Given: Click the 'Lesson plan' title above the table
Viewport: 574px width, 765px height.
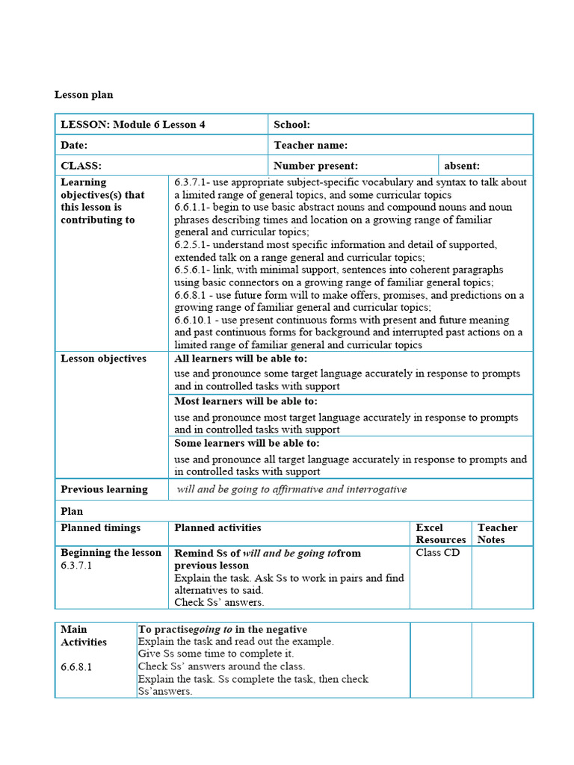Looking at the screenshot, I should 84,95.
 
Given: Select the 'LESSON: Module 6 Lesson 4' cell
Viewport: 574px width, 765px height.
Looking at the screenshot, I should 133,125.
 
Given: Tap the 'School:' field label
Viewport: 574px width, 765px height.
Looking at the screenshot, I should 291,125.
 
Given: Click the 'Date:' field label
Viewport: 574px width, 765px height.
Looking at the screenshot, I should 74,145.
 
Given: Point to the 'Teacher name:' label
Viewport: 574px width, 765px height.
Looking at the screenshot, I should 310,145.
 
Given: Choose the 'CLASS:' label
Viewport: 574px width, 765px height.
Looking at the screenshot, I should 81,166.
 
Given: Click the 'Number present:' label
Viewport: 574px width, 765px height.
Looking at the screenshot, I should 315,166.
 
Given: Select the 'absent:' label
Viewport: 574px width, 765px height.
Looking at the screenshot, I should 462,166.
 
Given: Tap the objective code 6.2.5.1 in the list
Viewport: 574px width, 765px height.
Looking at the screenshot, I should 193,245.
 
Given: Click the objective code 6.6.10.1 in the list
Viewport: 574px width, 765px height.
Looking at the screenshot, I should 196,320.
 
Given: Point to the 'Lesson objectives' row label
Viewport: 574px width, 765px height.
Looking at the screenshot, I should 103,359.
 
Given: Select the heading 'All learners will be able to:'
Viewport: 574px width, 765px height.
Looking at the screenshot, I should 241,359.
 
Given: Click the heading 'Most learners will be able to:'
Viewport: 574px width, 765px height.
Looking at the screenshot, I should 246,401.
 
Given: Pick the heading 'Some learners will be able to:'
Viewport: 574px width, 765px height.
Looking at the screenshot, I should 247,443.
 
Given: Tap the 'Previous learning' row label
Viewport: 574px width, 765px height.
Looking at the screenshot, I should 104,489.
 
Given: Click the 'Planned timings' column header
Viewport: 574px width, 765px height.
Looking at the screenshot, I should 100,527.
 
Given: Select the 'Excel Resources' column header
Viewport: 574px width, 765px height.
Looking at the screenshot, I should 440,533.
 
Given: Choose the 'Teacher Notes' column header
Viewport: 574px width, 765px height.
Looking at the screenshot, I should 497,533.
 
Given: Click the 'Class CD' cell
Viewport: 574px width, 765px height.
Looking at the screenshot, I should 438,553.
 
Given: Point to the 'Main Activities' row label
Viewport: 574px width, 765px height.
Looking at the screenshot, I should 84,636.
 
